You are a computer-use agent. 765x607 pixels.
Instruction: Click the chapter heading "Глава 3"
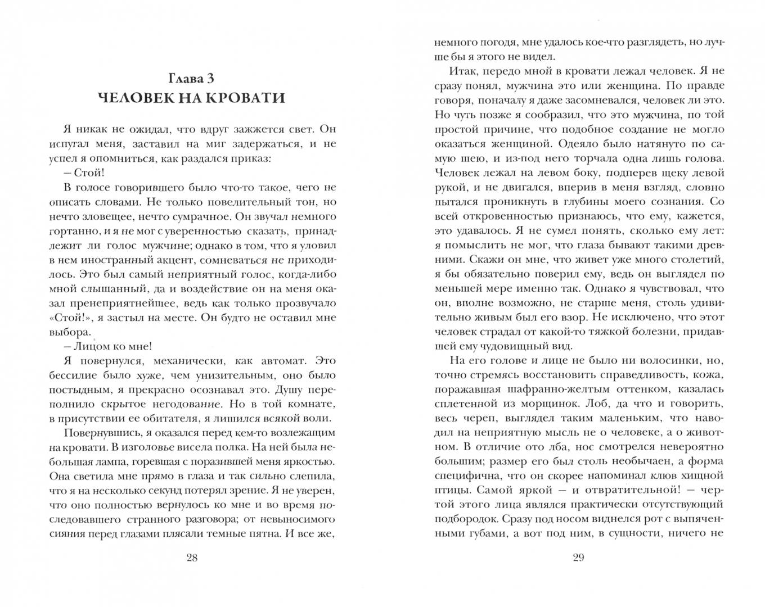(x=191, y=78)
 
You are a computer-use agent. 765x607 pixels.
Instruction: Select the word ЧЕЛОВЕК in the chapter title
(x=145, y=98)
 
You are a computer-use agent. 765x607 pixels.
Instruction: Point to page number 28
(x=191, y=558)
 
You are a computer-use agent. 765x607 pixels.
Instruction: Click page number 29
(x=578, y=558)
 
